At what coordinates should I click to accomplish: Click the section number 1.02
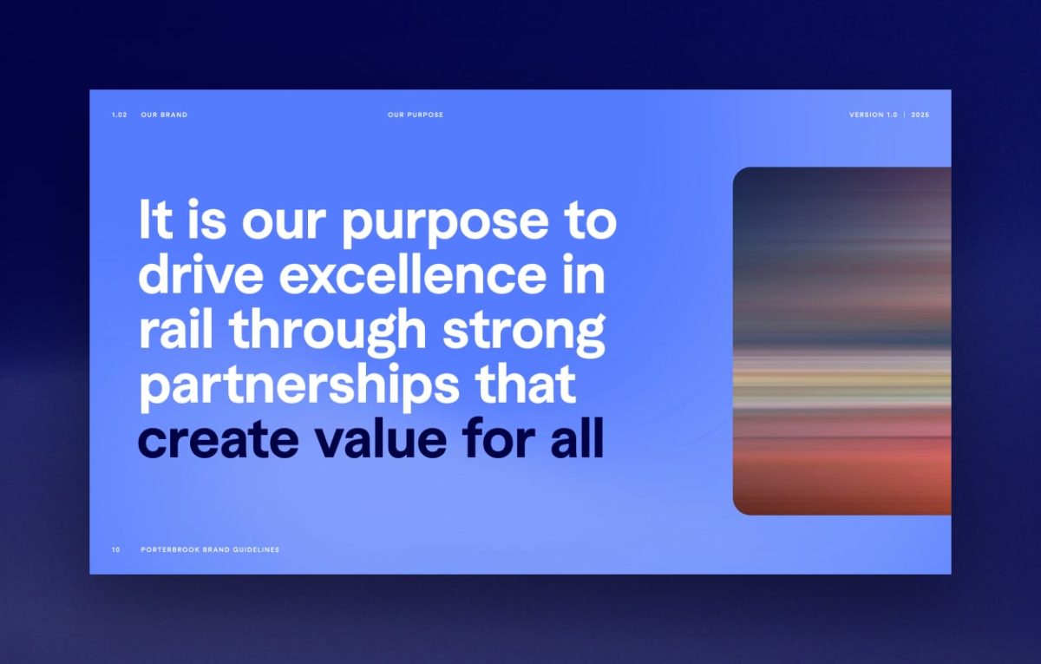point(119,115)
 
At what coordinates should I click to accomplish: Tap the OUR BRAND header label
point(164,115)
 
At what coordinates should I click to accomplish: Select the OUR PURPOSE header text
point(416,115)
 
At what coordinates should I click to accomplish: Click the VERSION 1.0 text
point(874,115)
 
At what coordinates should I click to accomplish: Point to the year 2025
point(920,115)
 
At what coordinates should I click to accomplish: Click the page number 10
point(115,549)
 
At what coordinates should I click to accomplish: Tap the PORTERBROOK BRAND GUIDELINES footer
point(210,549)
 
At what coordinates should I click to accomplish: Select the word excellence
point(413,274)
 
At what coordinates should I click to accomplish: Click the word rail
point(175,329)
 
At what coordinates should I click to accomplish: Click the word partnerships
point(298,387)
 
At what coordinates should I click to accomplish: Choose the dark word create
point(218,438)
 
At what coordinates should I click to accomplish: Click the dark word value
point(381,437)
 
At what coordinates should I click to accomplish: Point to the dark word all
point(577,437)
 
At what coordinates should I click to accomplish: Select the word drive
point(200,273)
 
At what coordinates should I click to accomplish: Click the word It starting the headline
point(155,219)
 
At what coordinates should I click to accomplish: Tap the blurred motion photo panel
point(842,341)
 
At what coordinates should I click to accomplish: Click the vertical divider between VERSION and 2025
point(904,115)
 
